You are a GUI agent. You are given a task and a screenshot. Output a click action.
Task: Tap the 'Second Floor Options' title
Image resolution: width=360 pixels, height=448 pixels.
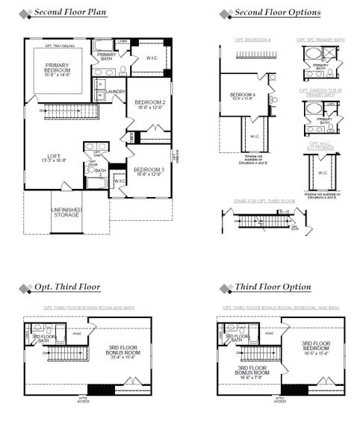point(277,13)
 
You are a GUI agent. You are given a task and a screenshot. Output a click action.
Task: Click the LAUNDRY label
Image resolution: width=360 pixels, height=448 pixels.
point(115,92)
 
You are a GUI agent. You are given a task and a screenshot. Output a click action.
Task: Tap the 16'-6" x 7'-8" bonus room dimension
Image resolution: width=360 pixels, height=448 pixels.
point(251,378)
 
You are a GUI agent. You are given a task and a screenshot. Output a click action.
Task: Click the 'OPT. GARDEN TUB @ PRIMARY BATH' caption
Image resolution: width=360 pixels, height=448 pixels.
point(320,93)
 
